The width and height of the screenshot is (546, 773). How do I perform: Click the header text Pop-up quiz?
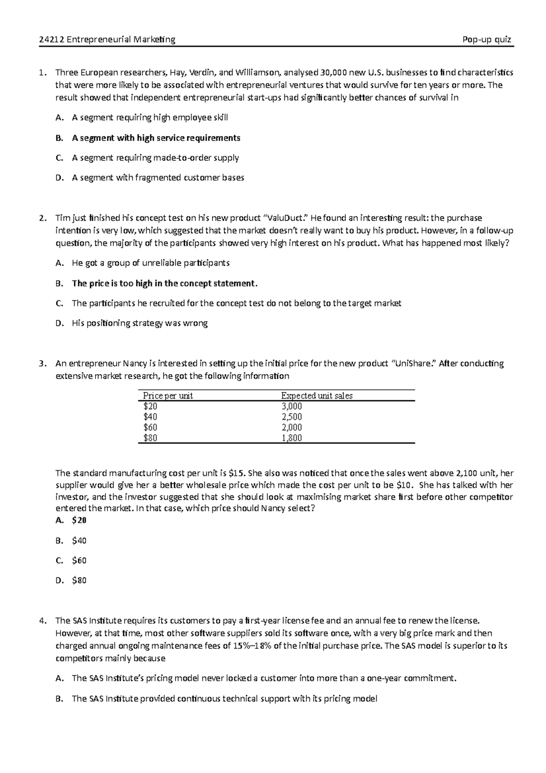(486, 40)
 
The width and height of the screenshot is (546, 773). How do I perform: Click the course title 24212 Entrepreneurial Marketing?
(107, 40)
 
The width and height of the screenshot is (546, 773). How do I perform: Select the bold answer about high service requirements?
(156, 138)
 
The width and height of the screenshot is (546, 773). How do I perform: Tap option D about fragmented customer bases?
(157, 178)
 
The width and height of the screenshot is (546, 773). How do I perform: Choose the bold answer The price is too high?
(164, 284)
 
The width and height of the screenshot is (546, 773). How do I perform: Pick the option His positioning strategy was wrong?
(139, 324)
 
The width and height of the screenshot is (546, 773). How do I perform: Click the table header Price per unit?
(168, 396)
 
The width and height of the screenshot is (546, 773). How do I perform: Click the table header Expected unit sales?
(317, 396)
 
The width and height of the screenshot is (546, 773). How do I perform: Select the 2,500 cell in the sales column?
(292, 417)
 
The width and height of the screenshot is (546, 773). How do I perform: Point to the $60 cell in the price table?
(150, 427)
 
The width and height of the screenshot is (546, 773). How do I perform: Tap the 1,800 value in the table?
(292, 438)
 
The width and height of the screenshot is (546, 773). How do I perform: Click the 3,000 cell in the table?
(292, 407)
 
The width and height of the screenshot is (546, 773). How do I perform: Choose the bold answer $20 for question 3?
(79, 520)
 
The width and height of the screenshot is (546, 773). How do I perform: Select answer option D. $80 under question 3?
(79, 580)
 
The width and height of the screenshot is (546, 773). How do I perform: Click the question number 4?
(42, 620)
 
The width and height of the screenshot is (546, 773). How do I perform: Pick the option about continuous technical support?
(224, 699)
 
